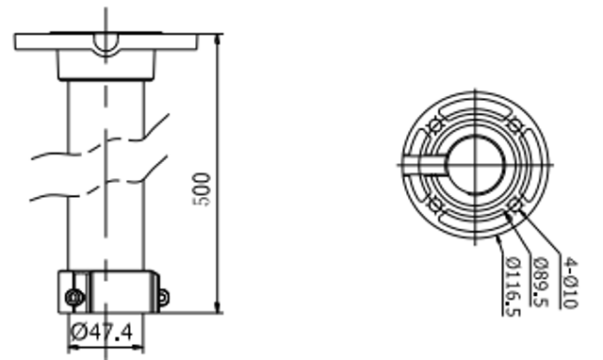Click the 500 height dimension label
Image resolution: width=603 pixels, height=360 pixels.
202,189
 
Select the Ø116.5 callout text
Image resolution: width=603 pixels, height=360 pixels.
513,286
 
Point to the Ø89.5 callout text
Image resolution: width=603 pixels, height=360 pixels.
540,283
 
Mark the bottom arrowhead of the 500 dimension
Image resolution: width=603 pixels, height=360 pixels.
218,307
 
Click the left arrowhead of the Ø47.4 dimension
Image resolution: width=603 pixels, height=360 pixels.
73,348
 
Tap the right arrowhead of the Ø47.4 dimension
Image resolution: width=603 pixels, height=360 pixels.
139,348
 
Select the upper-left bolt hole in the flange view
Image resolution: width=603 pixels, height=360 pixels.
435,125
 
